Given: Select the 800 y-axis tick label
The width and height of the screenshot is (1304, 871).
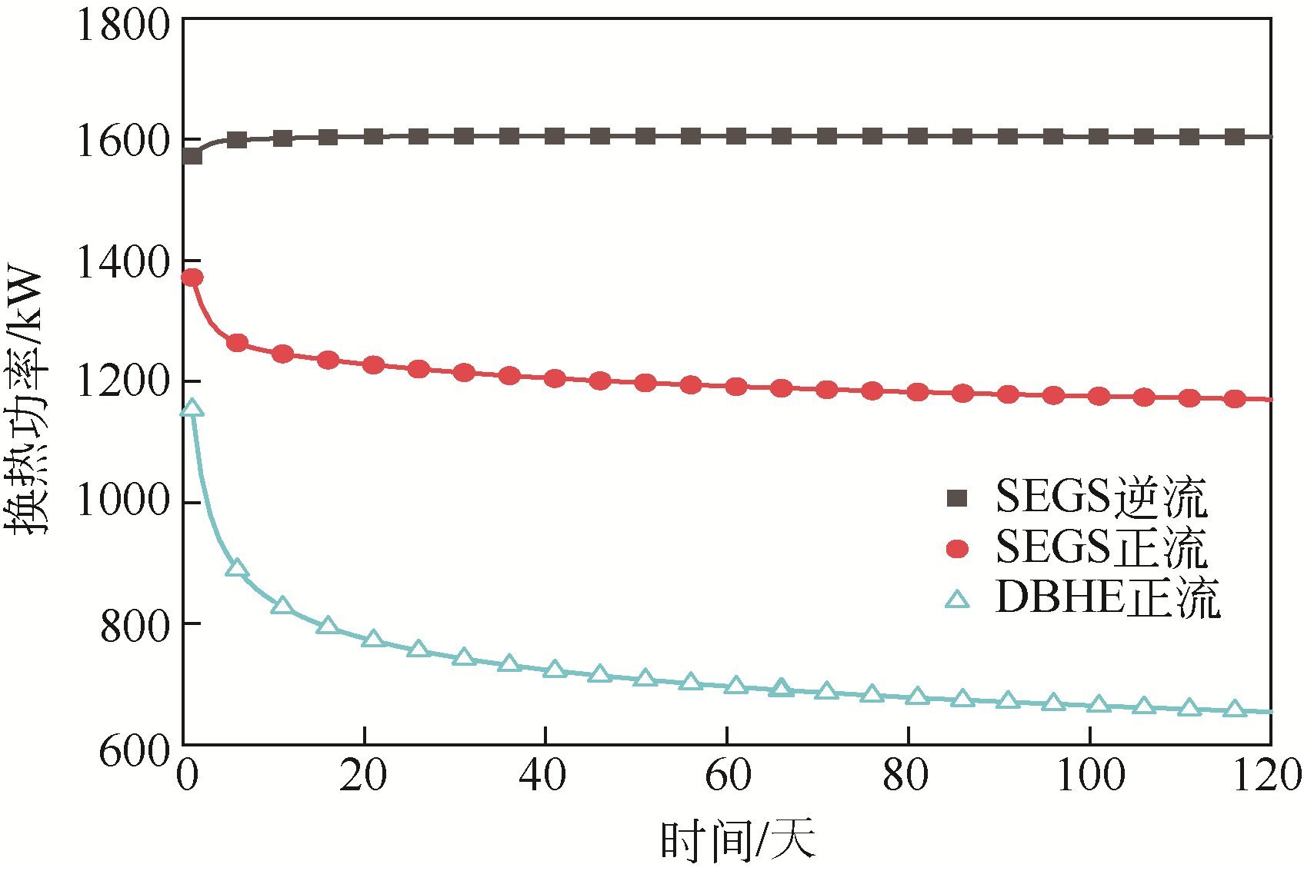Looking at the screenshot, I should pos(135,626).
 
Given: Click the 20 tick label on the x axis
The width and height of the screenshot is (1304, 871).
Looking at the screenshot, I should pos(363,775).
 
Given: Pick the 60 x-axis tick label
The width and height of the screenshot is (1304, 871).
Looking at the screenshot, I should pos(728,775).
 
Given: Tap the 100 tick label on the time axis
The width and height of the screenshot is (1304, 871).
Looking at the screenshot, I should pos(1090,775).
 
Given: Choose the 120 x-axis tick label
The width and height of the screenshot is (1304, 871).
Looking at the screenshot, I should pos(1267,775).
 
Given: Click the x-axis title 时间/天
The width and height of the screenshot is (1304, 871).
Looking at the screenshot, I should pos(737,839).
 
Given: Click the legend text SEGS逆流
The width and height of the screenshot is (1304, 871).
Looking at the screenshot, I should pos(1101,497).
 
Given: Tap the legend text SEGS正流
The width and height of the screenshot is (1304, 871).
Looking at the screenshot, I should pos(1101,547).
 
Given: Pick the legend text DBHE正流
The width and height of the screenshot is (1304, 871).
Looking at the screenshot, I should pos(1107,598).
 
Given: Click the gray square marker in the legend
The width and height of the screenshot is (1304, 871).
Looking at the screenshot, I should pos(957,498).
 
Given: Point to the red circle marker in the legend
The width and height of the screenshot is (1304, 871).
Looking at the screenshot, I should pos(957,548).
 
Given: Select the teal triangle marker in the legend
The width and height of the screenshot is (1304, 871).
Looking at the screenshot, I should pos(957,599).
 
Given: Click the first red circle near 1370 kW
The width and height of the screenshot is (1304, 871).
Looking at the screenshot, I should pos(192,278).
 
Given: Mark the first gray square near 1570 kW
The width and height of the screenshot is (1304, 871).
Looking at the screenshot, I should pos(192,156).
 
